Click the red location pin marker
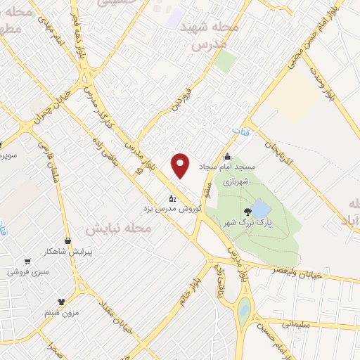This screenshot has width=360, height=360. [x=181, y=165]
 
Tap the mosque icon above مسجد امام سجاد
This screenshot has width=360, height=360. [x=227, y=157]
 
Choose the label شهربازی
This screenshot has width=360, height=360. [x=237, y=181]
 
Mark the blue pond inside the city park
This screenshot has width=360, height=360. [x=259, y=208]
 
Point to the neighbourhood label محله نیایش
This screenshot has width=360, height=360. [x=119, y=229]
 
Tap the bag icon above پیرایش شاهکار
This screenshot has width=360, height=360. [x=67, y=240]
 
